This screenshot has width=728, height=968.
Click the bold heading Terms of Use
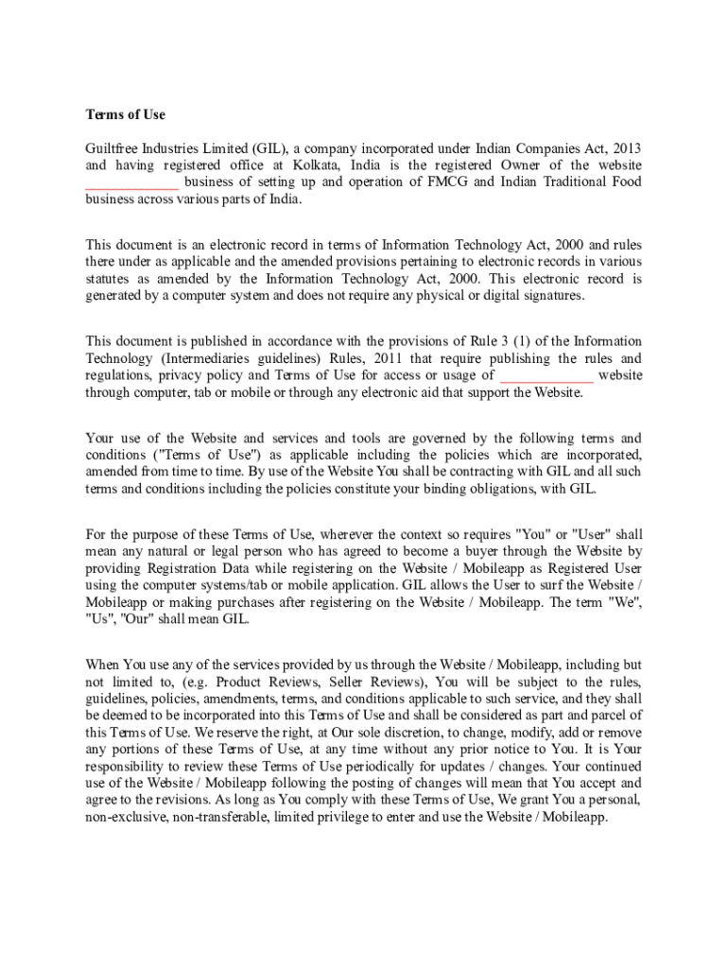point(125,114)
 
